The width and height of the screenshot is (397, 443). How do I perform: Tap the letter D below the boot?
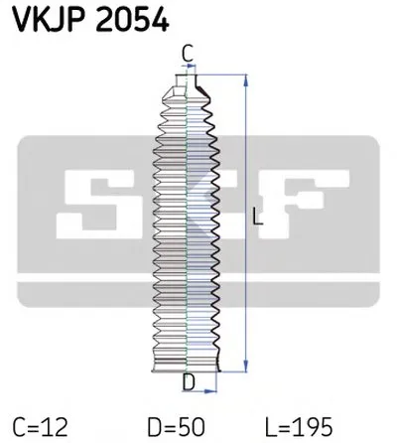pos(187,381)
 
